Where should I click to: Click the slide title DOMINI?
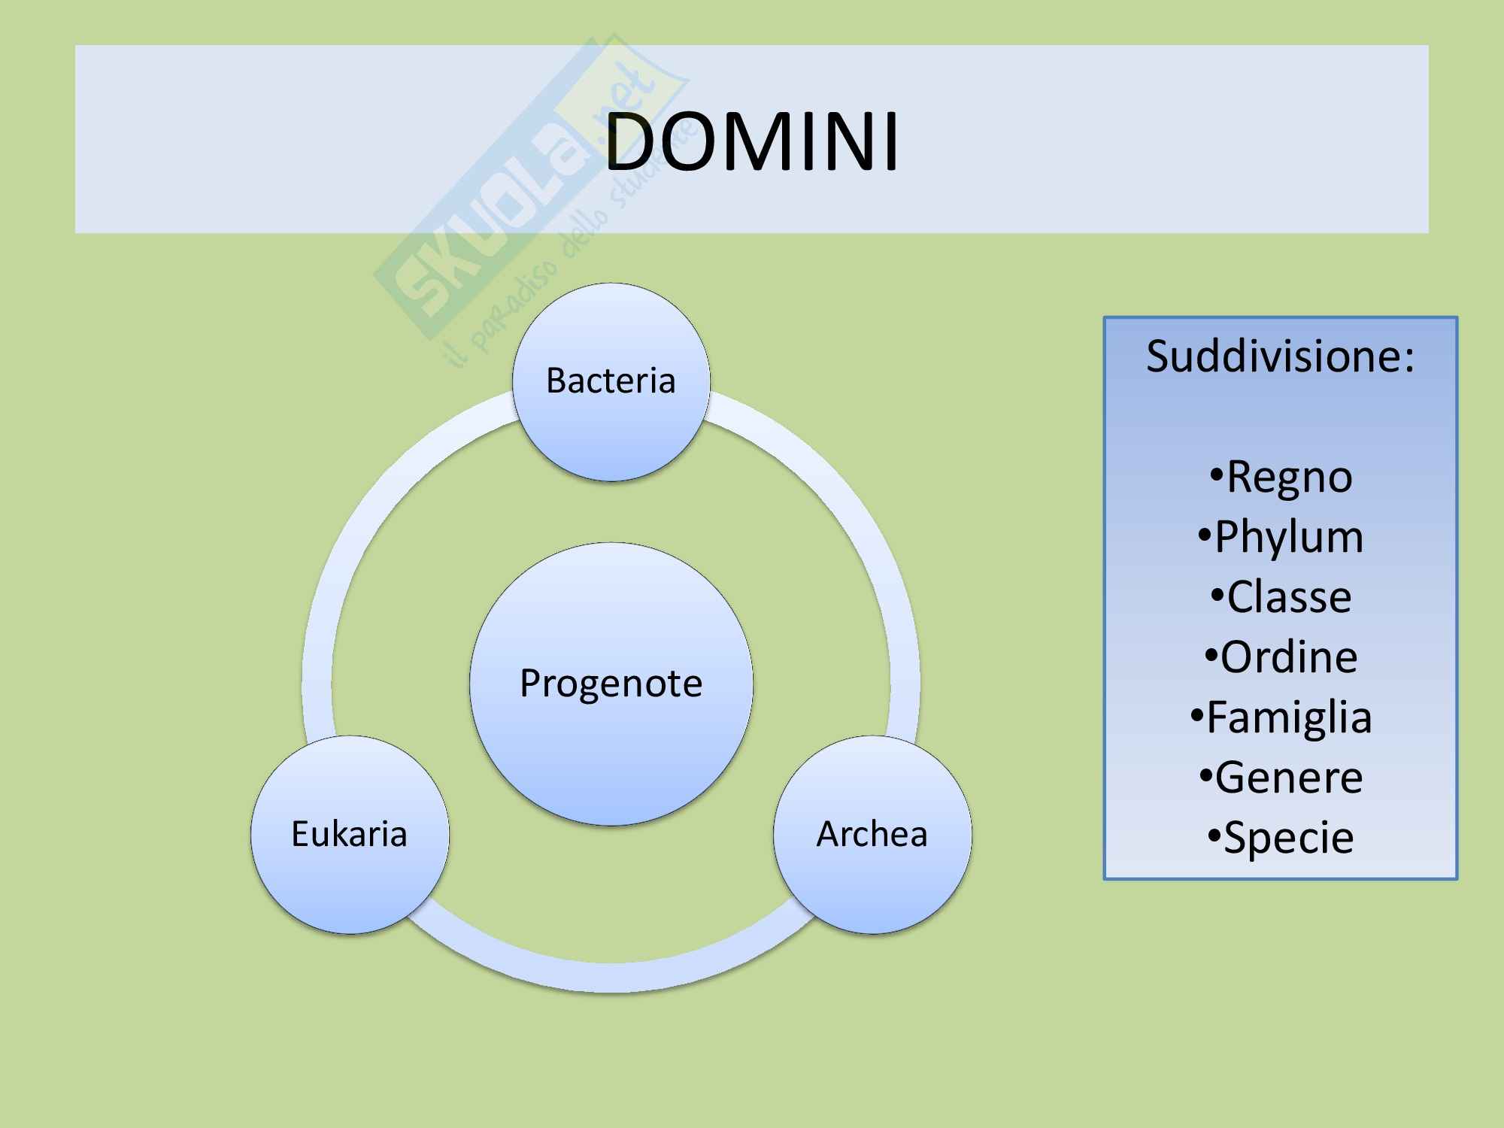coord(751,141)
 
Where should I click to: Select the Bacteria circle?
coord(611,381)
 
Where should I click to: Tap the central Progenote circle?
coord(611,684)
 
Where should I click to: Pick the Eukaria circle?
coord(350,834)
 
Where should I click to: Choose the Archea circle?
coord(872,834)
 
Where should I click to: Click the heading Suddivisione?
coord(1280,356)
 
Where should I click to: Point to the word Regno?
coord(1289,477)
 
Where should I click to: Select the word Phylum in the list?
coord(1288,537)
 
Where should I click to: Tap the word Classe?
coord(1289,597)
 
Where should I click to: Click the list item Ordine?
coord(1288,657)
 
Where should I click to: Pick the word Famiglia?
coord(1289,717)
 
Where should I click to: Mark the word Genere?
coord(1288,778)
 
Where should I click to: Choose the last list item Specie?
coord(1288,838)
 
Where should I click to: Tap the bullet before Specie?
coord(1214,835)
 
